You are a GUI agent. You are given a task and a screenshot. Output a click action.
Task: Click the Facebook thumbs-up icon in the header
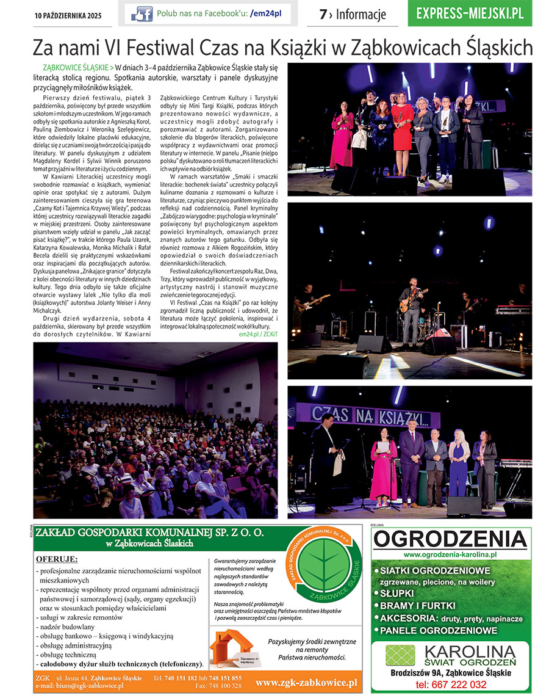(x=142, y=13)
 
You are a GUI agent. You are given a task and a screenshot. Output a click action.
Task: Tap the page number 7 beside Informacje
(x=323, y=14)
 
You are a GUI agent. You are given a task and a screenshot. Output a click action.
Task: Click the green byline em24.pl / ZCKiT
(x=257, y=334)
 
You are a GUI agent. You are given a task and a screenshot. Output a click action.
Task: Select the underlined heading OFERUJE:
(x=57, y=559)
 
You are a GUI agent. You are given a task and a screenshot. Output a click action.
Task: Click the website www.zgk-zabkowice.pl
(x=306, y=682)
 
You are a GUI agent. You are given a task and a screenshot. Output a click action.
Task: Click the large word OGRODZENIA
(x=450, y=539)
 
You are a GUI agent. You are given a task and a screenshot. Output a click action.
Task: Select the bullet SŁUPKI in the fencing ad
(x=396, y=593)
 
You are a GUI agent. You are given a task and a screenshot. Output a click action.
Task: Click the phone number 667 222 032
(x=451, y=684)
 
